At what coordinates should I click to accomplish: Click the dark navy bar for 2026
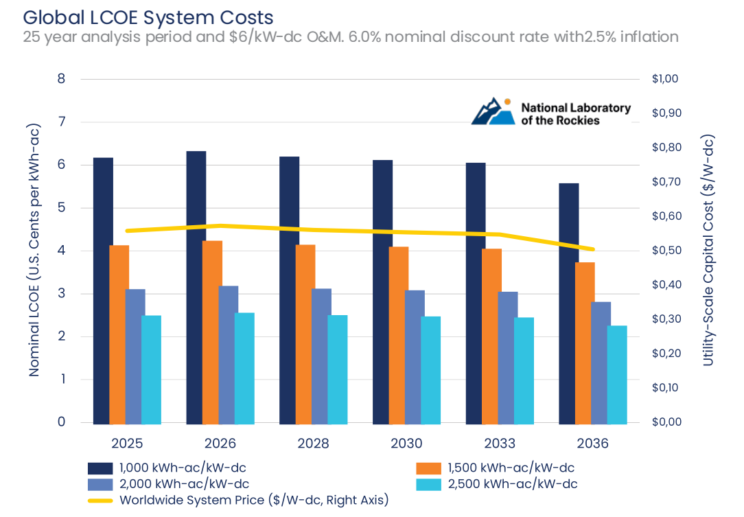[x=196, y=288]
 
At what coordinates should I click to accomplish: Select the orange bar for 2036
[x=585, y=343]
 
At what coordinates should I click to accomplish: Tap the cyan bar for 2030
[x=431, y=370]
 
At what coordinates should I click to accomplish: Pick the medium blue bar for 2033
[x=508, y=358]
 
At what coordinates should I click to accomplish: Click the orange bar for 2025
[x=119, y=334]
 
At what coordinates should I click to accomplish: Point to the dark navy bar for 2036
[x=569, y=304]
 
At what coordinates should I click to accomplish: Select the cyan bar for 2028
[x=338, y=370]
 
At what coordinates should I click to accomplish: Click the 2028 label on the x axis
[x=313, y=444]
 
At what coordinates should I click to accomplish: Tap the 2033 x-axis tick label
[x=500, y=444]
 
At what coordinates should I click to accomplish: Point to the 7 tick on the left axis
[x=61, y=122]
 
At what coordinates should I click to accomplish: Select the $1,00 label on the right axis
[x=665, y=78]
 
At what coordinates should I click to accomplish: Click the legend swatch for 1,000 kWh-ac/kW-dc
[x=100, y=468]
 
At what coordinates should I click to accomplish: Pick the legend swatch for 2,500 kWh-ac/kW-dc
[x=428, y=484]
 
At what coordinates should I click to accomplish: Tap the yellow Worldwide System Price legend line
[x=100, y=501]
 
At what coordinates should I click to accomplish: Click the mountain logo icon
[x=493, y=111]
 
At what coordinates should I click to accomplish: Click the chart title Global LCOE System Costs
[x=148, y=18]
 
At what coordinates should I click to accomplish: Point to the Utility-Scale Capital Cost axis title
[x=708, y=250]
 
